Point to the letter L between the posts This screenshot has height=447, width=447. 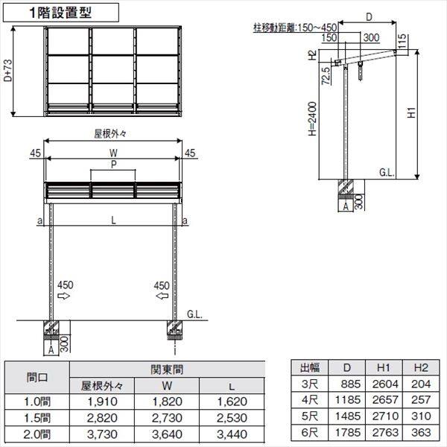click(x=113, y=221)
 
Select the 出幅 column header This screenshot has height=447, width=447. click(x=310, y=367)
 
